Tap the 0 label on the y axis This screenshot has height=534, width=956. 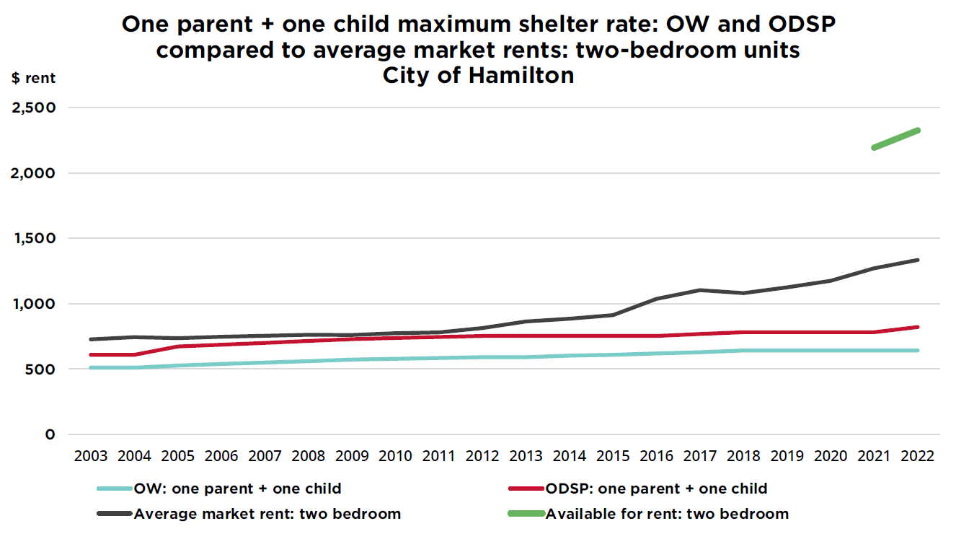(x=50, y=434)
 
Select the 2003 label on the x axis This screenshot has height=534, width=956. (x=91, y=457)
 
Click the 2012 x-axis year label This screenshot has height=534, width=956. (x=482, y=457)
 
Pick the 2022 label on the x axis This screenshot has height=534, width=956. (x=917, y=457)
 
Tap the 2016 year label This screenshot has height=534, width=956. (x=656, y=457)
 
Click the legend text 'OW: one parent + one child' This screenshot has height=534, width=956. (x=237, y=489)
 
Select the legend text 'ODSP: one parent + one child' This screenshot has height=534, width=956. (x=656, y=489)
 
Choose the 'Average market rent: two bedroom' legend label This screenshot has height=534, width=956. (x=267, y=515)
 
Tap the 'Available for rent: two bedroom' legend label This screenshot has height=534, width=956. (x=667, y=515)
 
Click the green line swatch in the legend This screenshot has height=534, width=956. (x=526, y=515)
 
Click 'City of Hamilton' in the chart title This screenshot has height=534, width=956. (x=478, y=75)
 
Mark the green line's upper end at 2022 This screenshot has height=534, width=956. (x=917, y=130)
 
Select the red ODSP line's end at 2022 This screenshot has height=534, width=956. (x=917, y=327)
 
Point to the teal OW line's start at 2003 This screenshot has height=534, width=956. (x=91, y=368)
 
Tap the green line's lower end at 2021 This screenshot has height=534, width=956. (x=874, y=148)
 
